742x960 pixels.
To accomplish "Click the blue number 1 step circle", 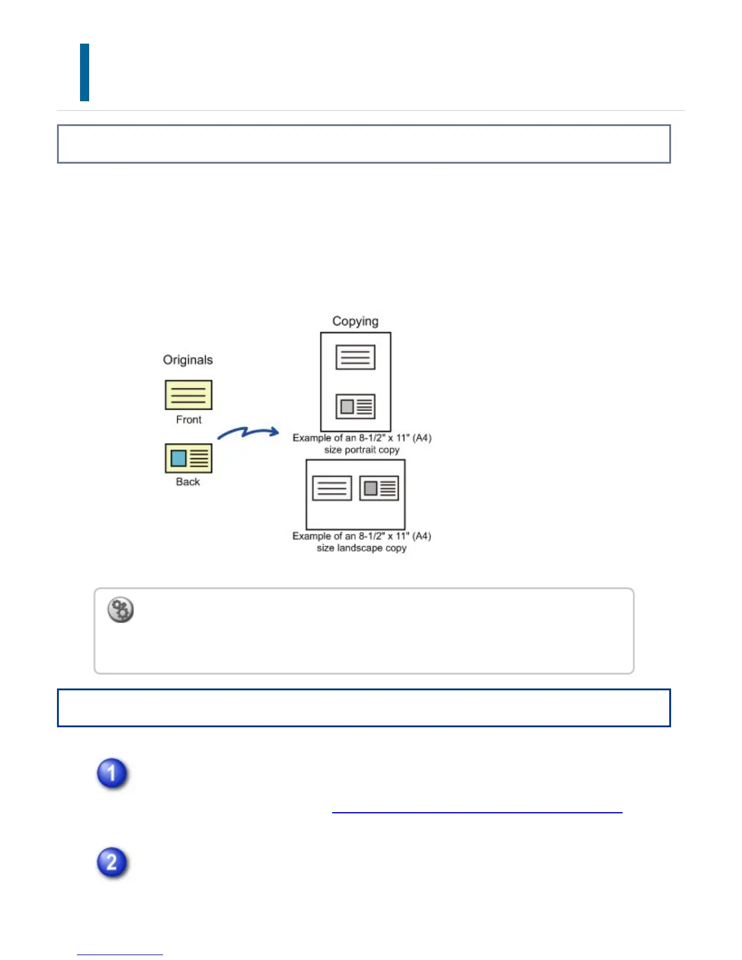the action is tap(112, 773).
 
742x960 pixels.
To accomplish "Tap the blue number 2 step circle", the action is tap(112, 862).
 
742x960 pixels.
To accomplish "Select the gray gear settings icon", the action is tap(121, 610).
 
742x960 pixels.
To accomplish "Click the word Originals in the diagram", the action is tap(188, 360).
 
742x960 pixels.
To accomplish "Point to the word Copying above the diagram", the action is tap(355, 321).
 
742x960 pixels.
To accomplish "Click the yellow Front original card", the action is tap(189, 395).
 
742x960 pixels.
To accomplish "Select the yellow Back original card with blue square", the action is tap(189, 458).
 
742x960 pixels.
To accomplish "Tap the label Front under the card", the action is tap(189, 419).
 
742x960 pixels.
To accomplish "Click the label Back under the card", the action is tap(188, 482).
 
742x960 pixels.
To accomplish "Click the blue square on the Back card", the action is tap(178, 458).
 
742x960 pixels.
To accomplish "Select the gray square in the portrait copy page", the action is tap(347, 406).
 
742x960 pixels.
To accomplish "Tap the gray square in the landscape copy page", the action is tap(371, 488).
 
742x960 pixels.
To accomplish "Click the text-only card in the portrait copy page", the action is tap(355, 358).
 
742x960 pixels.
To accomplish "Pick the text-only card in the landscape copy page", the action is tap(332, 488).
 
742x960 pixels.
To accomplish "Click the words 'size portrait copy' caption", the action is tap(362, 450).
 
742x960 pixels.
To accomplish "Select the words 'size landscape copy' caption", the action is tap(362, 548).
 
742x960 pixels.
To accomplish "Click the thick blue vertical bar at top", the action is tap(85, 72).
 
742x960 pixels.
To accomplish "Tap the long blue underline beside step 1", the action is tap(477, 812).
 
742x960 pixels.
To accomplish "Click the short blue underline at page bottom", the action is tap(120, 955).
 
